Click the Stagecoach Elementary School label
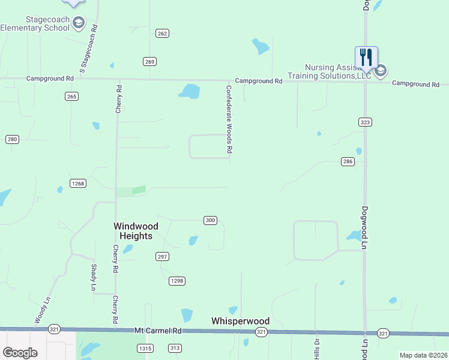click(34, 23)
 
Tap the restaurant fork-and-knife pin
click(366, 58)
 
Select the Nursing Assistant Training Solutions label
click(329, 72)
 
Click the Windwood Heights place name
click(136, 231)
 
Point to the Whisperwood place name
click(240, 321)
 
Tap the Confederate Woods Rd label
click(229, 119)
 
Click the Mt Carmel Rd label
click(157, 331)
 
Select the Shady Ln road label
click(94, 277)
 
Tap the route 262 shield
click(162, 34)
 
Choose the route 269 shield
click(150, 61)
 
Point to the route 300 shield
click(210, 220)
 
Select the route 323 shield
click(365, 122)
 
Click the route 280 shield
click(12, 139)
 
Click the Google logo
click(20, 352)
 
